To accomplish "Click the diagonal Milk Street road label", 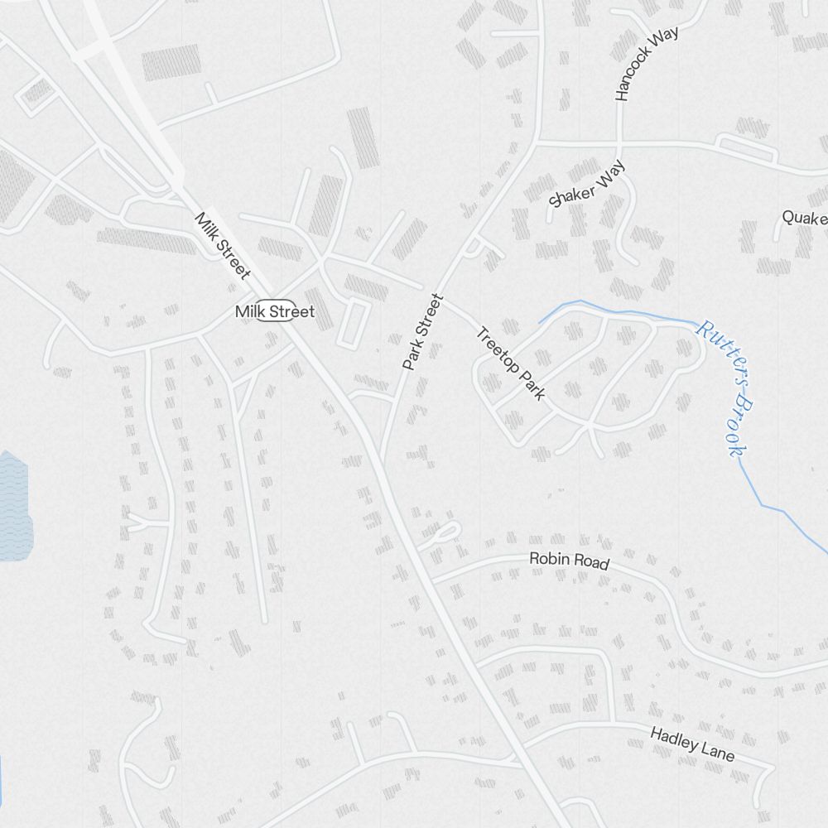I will (x=222, y=246).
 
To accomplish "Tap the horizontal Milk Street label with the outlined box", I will (x=275, y=311).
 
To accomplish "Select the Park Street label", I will (x=424, y=331).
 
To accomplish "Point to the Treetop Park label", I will (x=510, y=363).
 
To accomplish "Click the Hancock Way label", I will (x=647, y=64).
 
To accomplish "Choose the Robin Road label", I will (x=569, y=561).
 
